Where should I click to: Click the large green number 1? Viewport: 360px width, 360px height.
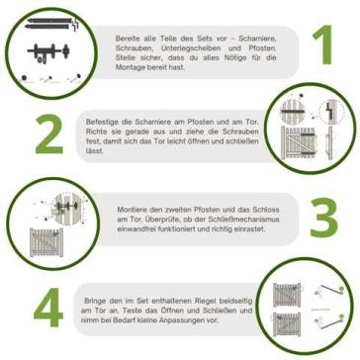pyautogui.click(x=323, y=45)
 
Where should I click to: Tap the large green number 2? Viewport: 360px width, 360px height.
pyautogui.click(x=49, y=135)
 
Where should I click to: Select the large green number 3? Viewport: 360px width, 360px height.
pyautogui.click(x=324, y=218)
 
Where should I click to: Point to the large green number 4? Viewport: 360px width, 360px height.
pyautogui.click(x=48, y=308)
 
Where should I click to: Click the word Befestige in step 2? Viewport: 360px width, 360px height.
pyautogui.click(x=99, y=122)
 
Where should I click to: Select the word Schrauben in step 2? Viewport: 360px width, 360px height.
pyautogui.click(x=243, y=133)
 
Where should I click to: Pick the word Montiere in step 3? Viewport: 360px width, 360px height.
pyautogui.click(x=130, y=210)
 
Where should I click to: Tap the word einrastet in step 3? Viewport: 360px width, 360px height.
pyautogui.click(x=251, y=229)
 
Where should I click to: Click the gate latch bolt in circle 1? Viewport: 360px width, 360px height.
pyautogui.click(x=48, y=51)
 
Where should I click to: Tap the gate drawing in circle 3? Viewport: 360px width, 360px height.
pyautogui.click(x=46, y=242)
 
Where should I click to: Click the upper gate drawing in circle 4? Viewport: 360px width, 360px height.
pyautogui.click(x=287, y=295)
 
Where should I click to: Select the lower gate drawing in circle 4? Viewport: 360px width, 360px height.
pyautogui.click(x=287, y=324)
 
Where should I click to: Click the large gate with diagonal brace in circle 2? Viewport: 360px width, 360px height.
pyautogui.click(x=298, y=142)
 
